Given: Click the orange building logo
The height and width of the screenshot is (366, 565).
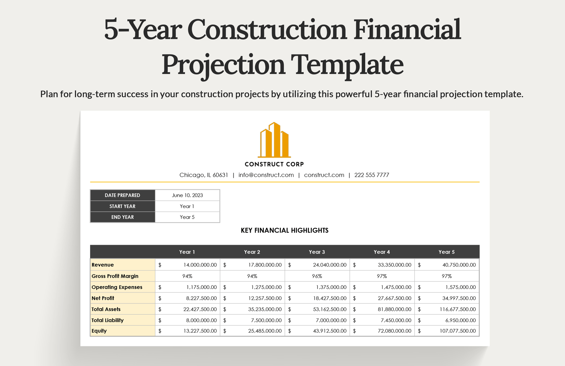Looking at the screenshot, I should click(x=274, y=140).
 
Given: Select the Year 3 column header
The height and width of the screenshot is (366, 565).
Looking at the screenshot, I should click(x=317, y=252).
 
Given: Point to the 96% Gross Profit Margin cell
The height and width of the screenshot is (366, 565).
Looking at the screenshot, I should click(x=317, y=276).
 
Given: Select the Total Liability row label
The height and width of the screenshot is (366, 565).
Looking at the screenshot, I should click(x=108, y=320).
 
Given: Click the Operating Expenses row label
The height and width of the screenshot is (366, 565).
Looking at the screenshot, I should click(x=117, y=287).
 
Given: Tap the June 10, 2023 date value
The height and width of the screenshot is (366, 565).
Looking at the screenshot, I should click(x=187, y=195).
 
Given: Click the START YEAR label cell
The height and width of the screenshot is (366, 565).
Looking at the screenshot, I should click(x=122, y=206).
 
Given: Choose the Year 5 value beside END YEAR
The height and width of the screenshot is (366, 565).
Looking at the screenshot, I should click(x=187, y=217).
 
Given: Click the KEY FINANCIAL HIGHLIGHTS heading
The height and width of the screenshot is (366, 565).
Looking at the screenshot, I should click(x=284, y=231).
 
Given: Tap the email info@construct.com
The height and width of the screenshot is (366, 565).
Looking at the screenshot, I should click(x=266, y=175).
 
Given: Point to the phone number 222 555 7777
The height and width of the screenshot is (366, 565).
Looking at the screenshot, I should click(x=371, y=175).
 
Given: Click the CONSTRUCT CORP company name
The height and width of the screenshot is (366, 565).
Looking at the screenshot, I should click(x=274, y=164).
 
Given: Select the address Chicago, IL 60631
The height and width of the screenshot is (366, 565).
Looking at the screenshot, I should click(x=204, y=175).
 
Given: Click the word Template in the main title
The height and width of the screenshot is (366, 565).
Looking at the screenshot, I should click(x=347, y=65).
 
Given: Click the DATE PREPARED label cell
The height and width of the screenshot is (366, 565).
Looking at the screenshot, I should click(x=122, y=195).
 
